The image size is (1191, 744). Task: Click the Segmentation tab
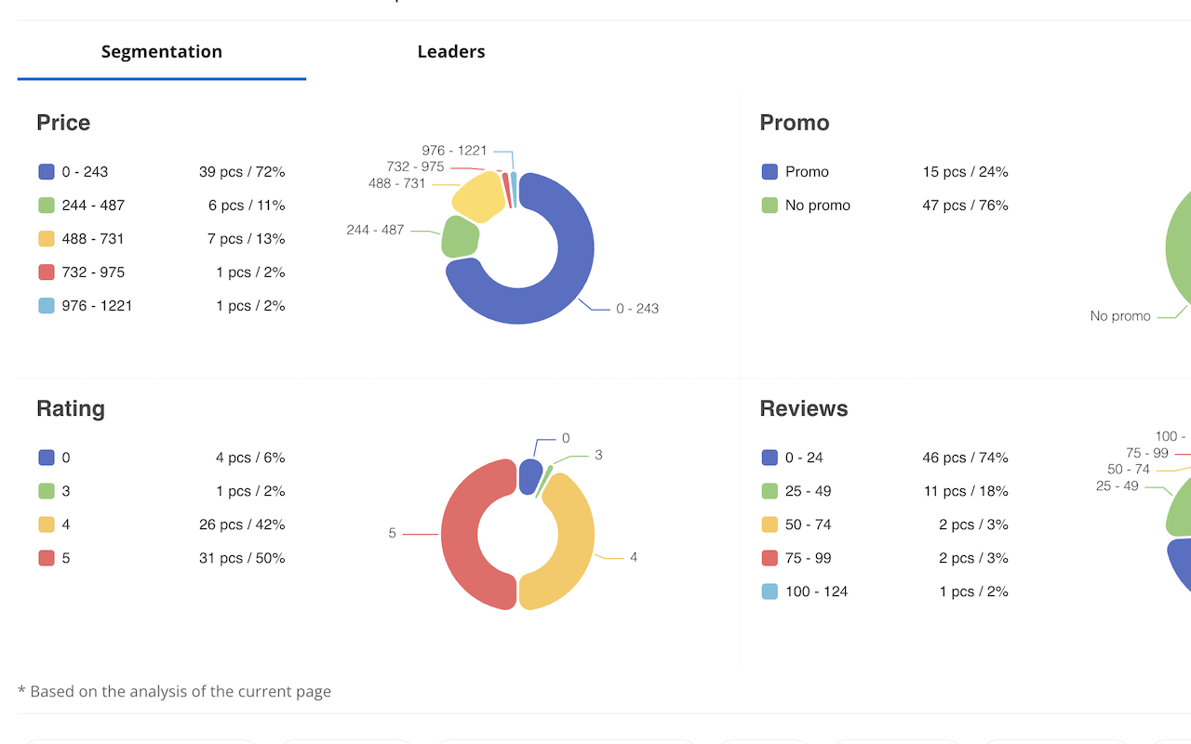pos(162,52)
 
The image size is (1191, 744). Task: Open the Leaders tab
pos(451,52)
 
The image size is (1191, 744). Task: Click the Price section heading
pos(63,123)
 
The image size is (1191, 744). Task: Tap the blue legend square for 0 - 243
pos(47,172)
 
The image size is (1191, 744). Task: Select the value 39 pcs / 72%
pos(242,172)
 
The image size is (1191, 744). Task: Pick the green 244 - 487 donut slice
pos(461,237)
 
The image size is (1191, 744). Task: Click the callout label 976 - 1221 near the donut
pos(454,151)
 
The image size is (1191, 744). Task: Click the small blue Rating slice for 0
pos(529,475)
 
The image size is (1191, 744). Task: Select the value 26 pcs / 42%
pos(242,525)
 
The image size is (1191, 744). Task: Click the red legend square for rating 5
pos(47,558)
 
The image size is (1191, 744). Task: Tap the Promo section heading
pos(795,123)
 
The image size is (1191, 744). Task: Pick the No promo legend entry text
pos(818,206)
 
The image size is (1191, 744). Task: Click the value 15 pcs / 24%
pos(965,172)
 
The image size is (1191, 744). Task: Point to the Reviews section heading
pos(804,408)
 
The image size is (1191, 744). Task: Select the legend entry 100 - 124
pos(816,591)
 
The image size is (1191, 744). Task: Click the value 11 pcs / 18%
pos(965,491)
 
